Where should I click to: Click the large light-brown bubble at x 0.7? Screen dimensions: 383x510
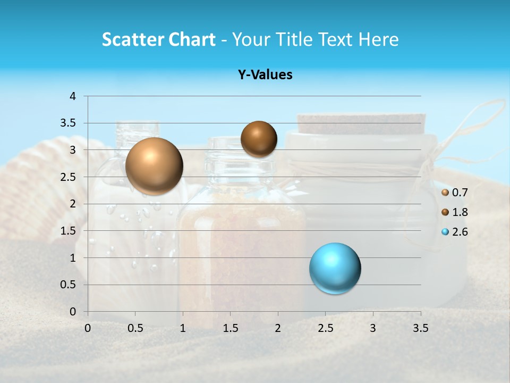click(x=154, y=166)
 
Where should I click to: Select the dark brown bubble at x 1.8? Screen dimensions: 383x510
click(x=259, y=139)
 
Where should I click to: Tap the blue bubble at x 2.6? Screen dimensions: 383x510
click(x=335, y=268)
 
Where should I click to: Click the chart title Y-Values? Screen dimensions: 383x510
click(x=265, y=75)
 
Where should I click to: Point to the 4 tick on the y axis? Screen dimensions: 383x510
click(x=73, y=96)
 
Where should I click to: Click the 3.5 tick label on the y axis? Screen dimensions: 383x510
click(x=69, y=123)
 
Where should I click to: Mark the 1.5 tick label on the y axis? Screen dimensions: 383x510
click(x=69, y=231)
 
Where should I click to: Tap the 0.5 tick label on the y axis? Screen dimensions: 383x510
click(x=69, y=285)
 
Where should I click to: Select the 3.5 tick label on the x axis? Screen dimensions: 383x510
click(x=420, y=328)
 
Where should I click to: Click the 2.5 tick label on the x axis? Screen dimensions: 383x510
click(x=325, y=328)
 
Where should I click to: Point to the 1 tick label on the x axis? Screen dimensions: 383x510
click(x=183, y=328)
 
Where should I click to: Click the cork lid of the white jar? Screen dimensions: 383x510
click(x=361, y=123)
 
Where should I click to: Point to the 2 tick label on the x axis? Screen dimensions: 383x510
click(x=278, y=328)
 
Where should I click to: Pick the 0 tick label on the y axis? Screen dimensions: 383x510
click(x=73, y=312)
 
